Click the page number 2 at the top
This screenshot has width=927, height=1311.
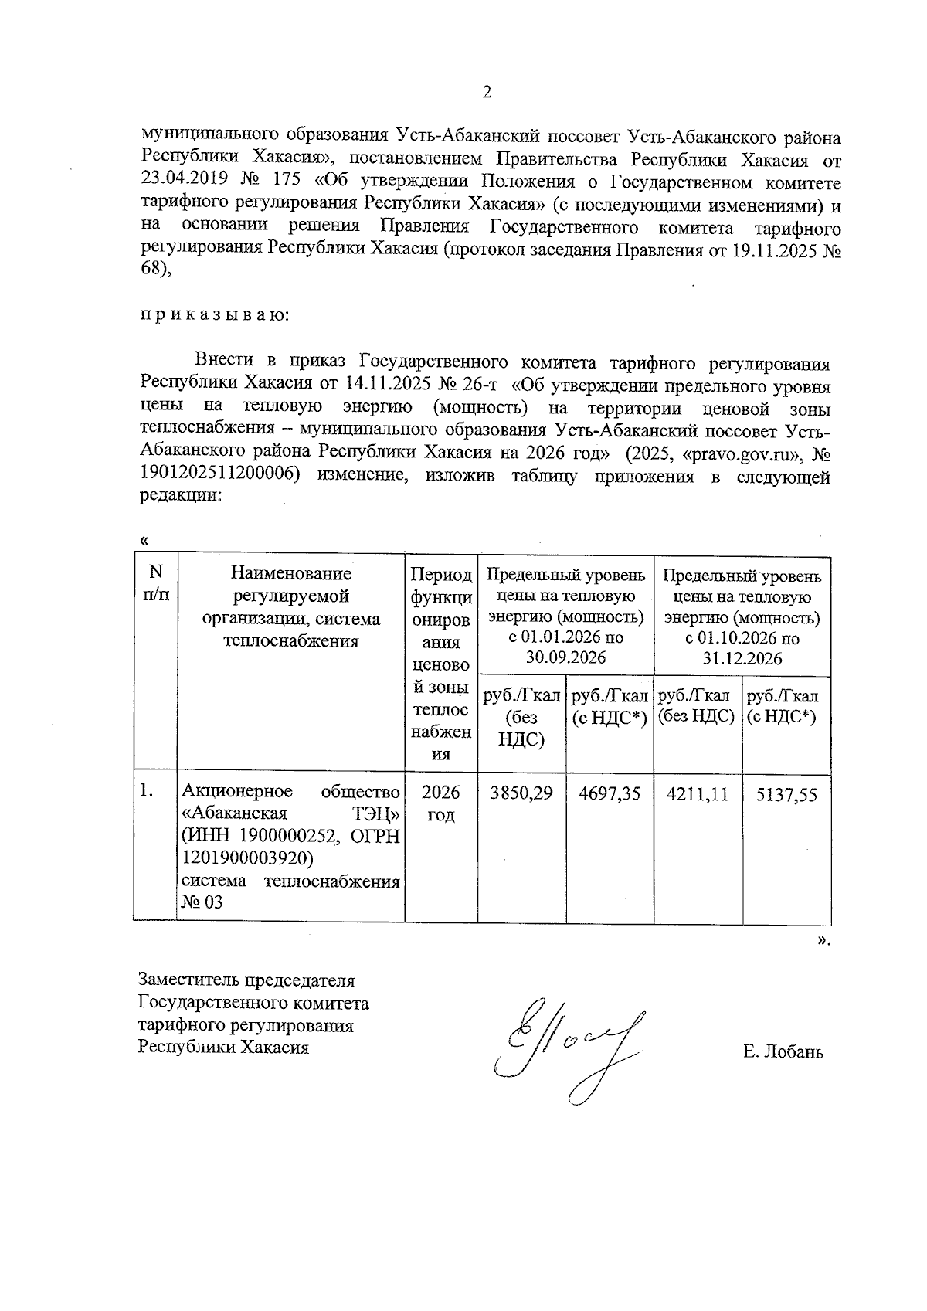[x=486, y=93]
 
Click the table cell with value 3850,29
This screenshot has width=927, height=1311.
[x=522, y=793]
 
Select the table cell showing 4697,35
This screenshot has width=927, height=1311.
[x=610, y=793]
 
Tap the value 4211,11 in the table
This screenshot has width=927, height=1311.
[x=698, y=793]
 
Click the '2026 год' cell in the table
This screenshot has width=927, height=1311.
[x=441, y=804]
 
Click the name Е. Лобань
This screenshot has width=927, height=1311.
[x=783, y=1051]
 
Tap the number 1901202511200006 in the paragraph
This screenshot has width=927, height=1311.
[x=219, y=476]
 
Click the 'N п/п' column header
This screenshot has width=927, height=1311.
[x=156, y=583]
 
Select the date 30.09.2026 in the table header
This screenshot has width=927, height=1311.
[x=565, y=657]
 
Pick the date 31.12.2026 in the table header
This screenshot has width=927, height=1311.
[x=742, y=659]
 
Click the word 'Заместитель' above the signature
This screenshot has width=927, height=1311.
[x=189, y=981]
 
